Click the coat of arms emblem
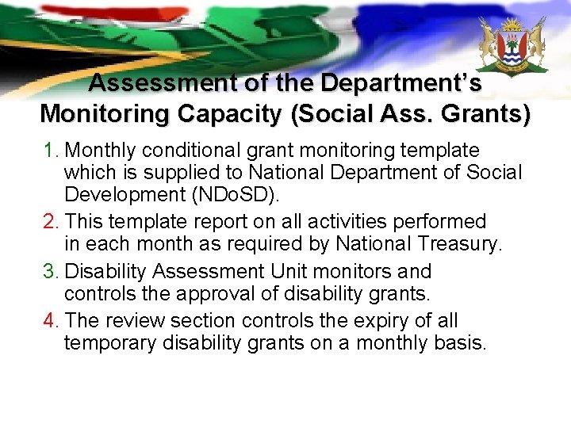tap(512, 48)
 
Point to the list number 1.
tap(49, 151)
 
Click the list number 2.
tap(49, 221)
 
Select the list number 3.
tap(49, 272)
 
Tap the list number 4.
tap(49, 321)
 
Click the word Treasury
tap(459, 244)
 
